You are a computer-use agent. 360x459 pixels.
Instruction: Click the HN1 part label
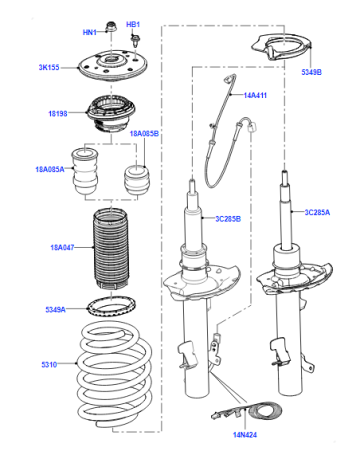coord(89,32)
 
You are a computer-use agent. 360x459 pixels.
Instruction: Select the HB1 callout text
coord(133,24)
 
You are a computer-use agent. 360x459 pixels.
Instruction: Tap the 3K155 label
coord(49,67)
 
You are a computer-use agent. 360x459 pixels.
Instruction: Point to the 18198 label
coord(58,114)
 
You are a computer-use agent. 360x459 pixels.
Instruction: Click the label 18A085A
coord(50,169)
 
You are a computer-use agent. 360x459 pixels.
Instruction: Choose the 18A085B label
coord(144,134)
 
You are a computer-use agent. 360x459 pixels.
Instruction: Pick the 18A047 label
coord(62,248)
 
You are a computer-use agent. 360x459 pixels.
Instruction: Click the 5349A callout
coord(55,310)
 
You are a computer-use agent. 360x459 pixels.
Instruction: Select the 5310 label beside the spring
coord(49,365)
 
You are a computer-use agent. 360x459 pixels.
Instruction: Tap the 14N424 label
coord(245,435)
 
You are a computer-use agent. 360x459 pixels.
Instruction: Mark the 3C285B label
coord(228,219)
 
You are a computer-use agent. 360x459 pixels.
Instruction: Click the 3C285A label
coord(317,212)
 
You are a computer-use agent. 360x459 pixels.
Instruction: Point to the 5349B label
coord(311,72)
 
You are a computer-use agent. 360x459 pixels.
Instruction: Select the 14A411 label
coord(255,95)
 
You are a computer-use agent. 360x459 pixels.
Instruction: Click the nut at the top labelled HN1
coord(111,27)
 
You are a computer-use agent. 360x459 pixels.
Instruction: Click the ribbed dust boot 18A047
coord(111,249)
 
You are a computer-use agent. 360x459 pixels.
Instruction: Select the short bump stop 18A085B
coord(137,180)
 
